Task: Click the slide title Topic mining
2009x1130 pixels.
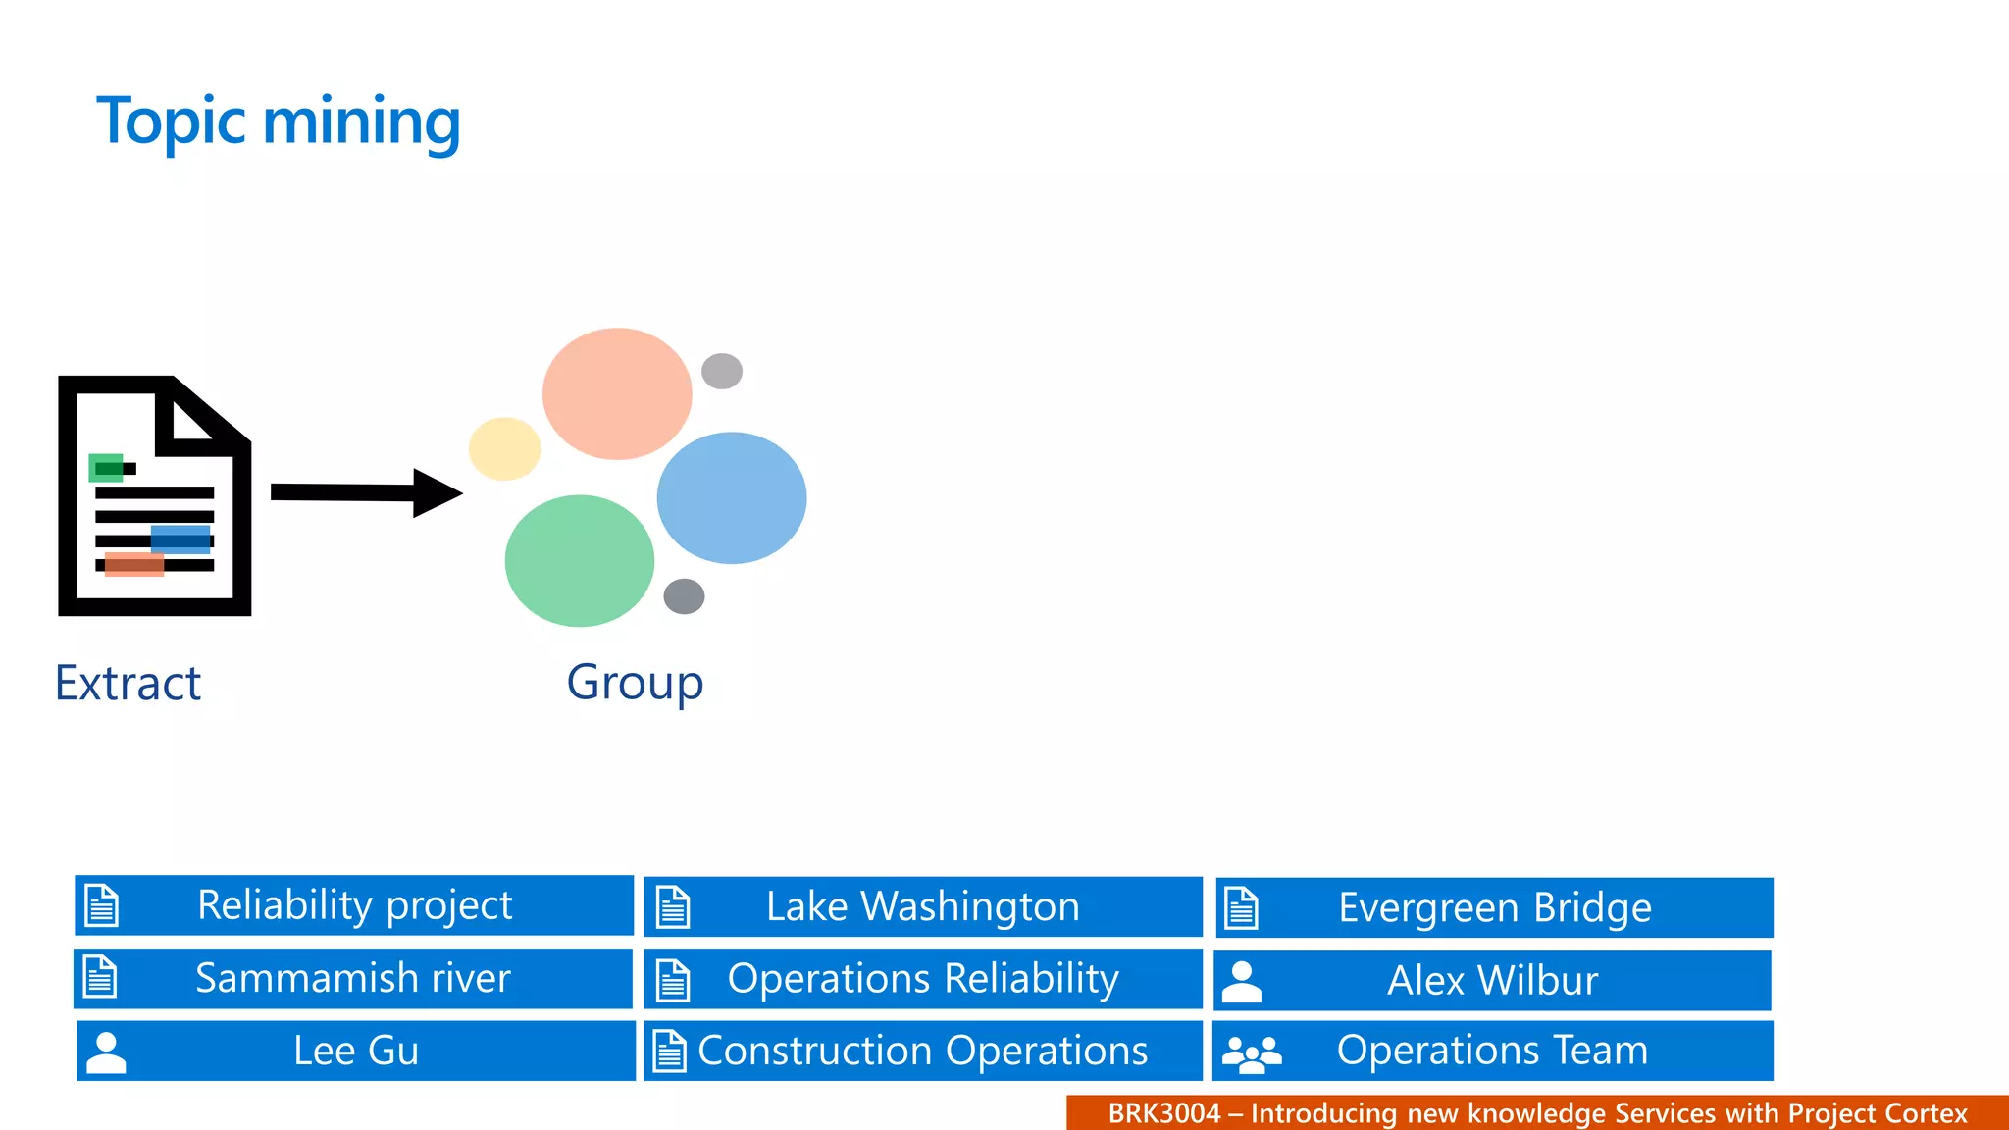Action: pyautogui.click(x=279, y=122)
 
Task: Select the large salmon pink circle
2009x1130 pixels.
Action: pyautogui.click(x=617, y=393)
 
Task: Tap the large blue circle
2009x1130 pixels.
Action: pyautogui.click(x=732, y=498)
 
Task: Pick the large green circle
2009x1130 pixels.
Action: pyautogui.click(x=579, y=561)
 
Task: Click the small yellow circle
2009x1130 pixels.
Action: pyautogui.click(x=504, y=448)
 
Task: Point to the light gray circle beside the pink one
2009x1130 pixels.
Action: pyautogui.click(x=722, y=371)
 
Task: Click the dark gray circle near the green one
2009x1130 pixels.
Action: pyautogui.click(x=684, y=595)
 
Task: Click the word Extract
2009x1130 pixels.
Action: pyautogui.click(x=128, y=683)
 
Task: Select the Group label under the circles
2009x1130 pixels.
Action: pyautogui.click(x=635, y=683)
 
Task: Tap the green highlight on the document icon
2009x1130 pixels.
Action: pyautogui.click(x=105, y=468)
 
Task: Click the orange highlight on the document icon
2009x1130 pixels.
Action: pyautogui.click(x=133, y=564)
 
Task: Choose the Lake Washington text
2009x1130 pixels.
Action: pyautogui.click(x=922, y=906)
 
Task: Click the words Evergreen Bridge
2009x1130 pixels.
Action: pyautogui.click(x=1494, y=907)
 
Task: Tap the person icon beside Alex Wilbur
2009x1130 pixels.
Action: pyautogui.click(x=1242, y=981)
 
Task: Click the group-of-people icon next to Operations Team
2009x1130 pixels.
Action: pyautogui.click(x=1252, y=1053)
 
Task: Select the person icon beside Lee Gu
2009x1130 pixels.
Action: pyautogui.click(x=106, y=1053)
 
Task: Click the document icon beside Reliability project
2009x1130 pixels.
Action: pyautogui.click(x=102, y=904)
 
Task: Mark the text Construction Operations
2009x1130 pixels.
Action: pyautogui.click(x=922, y=1051)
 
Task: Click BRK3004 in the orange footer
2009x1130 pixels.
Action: pyautogui.click(x=1163, y=1113)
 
